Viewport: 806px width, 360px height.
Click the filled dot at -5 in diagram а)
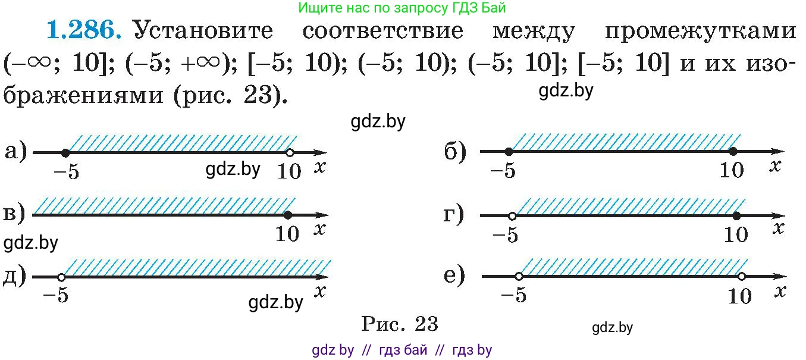65,153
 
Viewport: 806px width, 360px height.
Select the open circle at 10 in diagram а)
290,153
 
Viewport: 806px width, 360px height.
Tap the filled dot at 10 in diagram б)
733,152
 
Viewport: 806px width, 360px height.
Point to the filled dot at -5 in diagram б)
509,152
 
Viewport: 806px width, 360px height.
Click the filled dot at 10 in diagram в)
288,215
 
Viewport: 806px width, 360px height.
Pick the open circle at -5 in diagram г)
512,217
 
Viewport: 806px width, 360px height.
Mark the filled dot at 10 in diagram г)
737,216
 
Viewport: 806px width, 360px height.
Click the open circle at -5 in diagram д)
61,277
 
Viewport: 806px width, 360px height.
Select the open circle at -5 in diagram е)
519,277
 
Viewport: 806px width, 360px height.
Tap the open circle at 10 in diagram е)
742,277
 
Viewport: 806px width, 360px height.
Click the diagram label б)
455,152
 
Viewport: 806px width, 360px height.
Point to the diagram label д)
15,277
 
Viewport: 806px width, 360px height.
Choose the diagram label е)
454,276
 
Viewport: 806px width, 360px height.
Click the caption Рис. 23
400,324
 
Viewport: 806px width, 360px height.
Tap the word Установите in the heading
203,30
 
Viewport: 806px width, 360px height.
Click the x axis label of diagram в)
319,229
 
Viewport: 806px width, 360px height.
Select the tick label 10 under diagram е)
740,296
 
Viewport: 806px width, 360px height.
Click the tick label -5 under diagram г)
506,235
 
